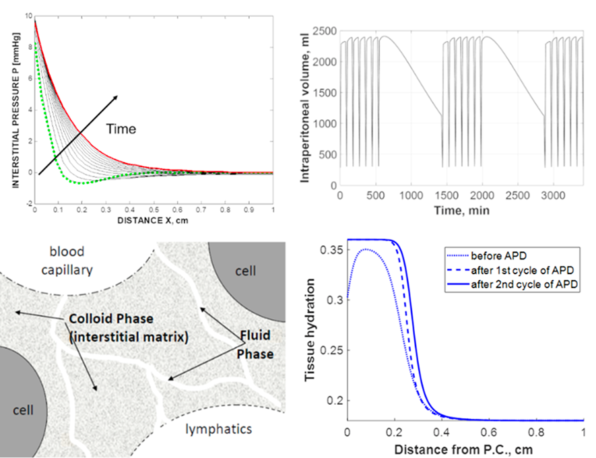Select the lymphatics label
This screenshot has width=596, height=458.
219,428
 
